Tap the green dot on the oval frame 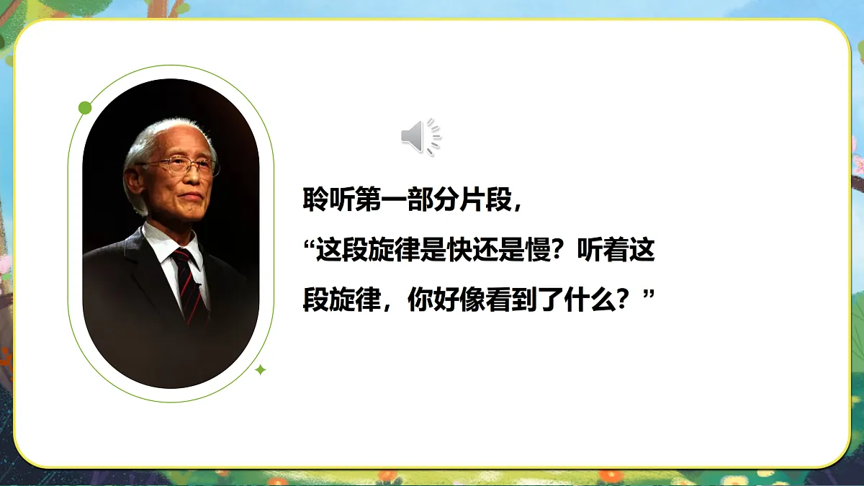pyautogui.click(x=85, y=108)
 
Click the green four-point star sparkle pyautogui.click(x=261, y=370)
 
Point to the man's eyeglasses pyautogui.click(x=181, y=166)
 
